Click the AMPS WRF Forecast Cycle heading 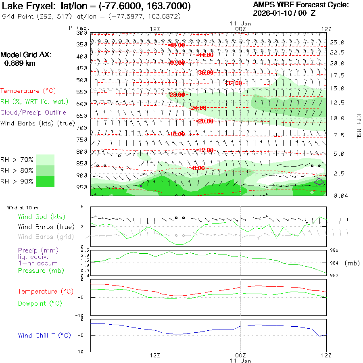(x=300, y=5)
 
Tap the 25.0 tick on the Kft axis (x=337, y=42)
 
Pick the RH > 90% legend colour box (x=45, y=181)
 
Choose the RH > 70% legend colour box (x=45, y=160)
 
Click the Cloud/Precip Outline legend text (x=33, y=113)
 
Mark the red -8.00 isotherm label (x=198, y=168)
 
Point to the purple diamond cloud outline (x=319, y=181)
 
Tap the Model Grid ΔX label (x=26, y=55)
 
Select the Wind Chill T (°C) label (x=44, y=336)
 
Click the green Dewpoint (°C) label (x=40, y=303)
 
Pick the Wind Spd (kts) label (x=41, y=217)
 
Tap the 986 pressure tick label (x=335, y=250)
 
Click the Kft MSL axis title (x=358, y=126)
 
